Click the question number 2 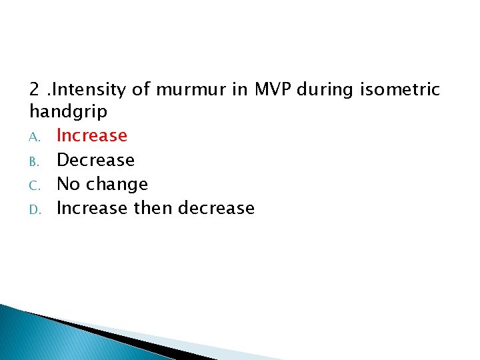(35, 89)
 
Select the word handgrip (68, 111)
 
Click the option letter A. (36, 137)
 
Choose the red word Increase (92, 135)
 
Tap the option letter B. (36, 161)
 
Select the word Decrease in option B (96, 160)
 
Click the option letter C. (36, 185)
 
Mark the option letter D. (36, 209)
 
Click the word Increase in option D (92, 208)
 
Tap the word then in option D (153, 208)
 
